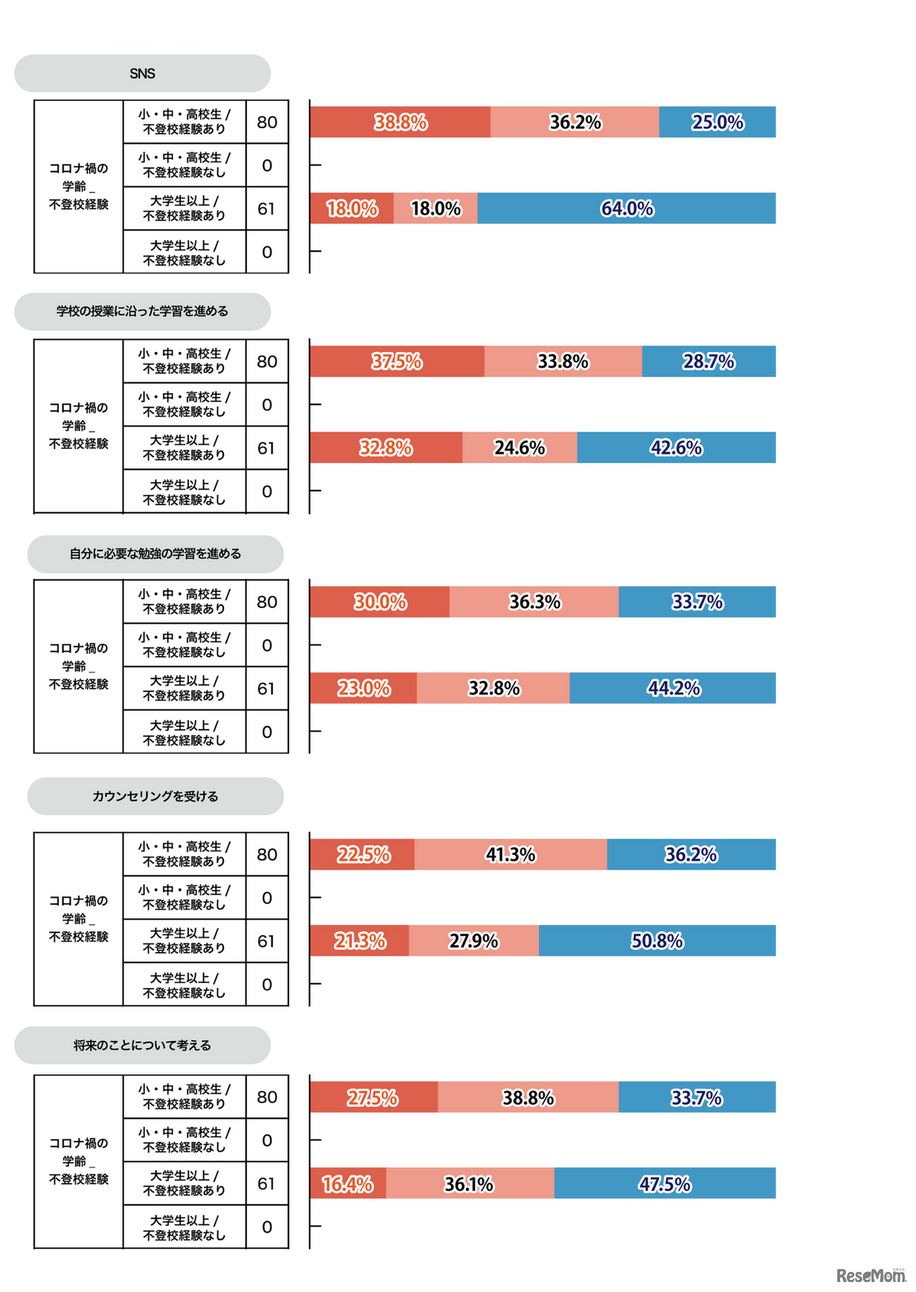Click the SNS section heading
[142, 74]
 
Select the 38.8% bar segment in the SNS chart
[400, 122]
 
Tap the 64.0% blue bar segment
[626, 208]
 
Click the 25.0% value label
[718, 122]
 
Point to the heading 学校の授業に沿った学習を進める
[142, 311]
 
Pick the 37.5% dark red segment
[396, 361]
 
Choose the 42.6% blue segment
[676, 448]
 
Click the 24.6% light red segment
[520, 448]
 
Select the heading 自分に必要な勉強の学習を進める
[155, 554]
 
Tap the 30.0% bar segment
[379, 602]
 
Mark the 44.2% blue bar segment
[673, 688]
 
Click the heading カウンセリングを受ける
[155, 796]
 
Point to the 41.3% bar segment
[510, 854]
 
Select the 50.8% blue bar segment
[657, 941]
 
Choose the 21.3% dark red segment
[359, 941]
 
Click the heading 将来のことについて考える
[142, 1045]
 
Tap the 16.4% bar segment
[348, 1183]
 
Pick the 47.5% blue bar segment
[665, 1183]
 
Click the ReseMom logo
[870, 1275]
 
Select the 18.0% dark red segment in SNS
[351, 208]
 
